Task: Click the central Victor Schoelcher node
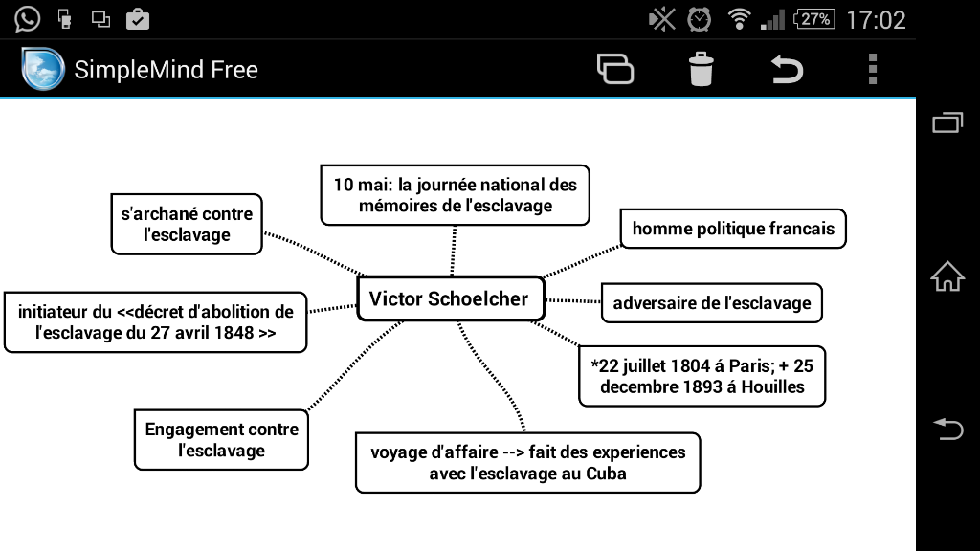pyautogui.click(x=449, y=299)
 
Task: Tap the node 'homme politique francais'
pyautogui.click(x=733, y=229)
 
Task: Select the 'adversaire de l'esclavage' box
pyautogui.click(x=711, y=303)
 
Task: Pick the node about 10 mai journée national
pyautogui.click(x=455, y=195)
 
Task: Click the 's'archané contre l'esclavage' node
pyautogui.click(x=187, y=225)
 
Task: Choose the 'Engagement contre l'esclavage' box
pyautogui.click(x=221, y=440)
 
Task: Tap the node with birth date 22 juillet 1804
pyautogui.click(x=702, y=376)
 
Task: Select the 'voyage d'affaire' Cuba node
pyautogui.click(x=527, y=463)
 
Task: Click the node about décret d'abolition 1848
pyautogui.click(x=156, y=322)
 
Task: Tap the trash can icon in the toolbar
pyautogui.click(x=701, y=70)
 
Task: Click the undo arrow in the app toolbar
pyautogui.click(x=787, y=70)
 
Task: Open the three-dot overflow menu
pyautogui.click(x=872, y=70)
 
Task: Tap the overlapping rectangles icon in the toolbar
pyautogui.click(x=614, y=70)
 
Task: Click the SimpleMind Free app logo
pyautogui.click(x=43, y=70)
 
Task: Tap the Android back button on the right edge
pyautogui.click(x=947, y=430)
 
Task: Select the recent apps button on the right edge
pyautogui.click(x=947, y=122)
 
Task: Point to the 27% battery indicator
pyautogui.click(x=814, y=19)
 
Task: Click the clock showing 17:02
pyautogui.click(x=876, y=19)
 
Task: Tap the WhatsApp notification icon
pyautogui.click(x=27, y=18)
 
